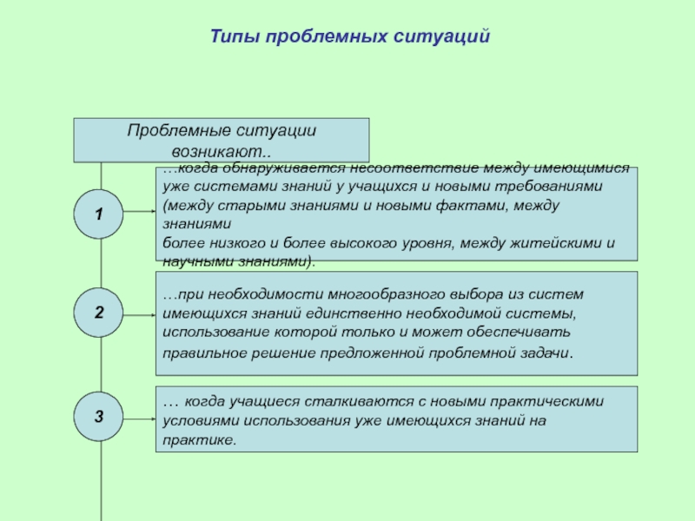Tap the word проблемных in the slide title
click(x=331, y=37)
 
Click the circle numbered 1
click(x=99, y=213)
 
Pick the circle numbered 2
click(x=99, y=313)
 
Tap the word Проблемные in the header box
click(x=177, y=130)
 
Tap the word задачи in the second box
click(x=547, y=353)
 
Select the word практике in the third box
click(x=197, y=439)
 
